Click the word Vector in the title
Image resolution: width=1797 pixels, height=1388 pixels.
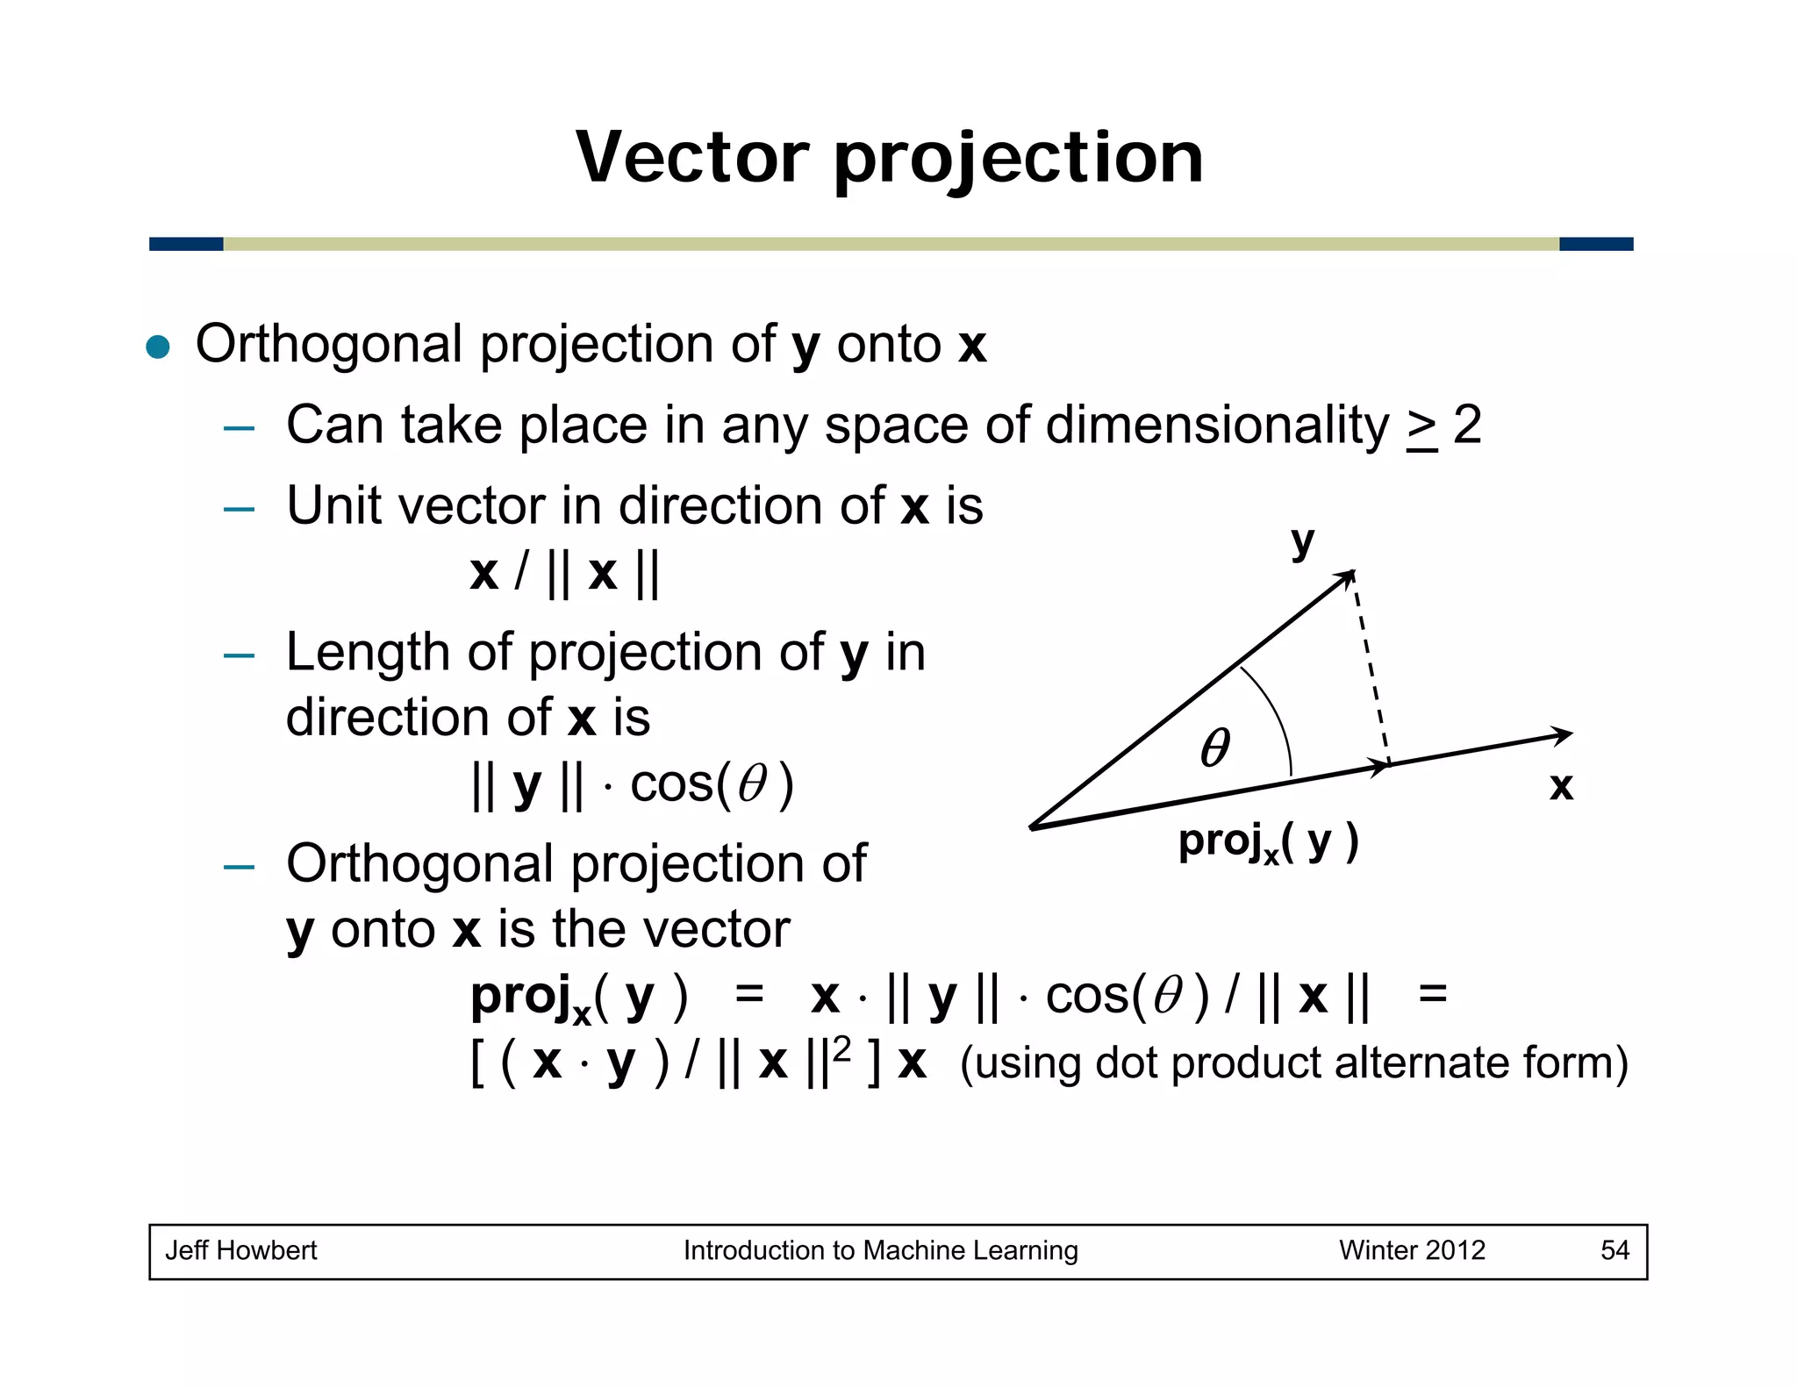pos(691,158)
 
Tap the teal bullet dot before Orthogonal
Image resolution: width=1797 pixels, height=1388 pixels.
pos(158,347)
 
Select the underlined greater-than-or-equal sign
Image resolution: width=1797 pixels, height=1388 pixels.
pos(1421,428)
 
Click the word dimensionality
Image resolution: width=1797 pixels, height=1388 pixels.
pos(1218,426)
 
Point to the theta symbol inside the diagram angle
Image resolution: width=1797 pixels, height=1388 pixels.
pos(1215,748)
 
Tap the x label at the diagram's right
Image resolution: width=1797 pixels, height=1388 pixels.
pos(1560,786)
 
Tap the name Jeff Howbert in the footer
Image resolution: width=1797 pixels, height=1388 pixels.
pos(241,1250)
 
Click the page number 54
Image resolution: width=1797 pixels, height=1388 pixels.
pos(1614,1250)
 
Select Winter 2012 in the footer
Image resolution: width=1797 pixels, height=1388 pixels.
pos(1412,1250)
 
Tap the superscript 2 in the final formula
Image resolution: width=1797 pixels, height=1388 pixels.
pos(841,1049)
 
